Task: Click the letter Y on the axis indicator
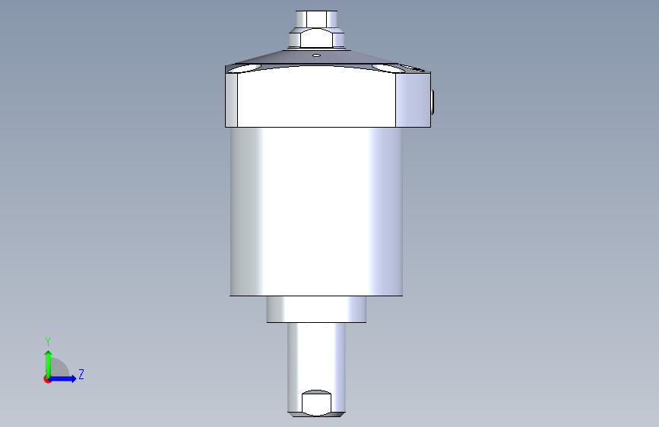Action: (48, 342)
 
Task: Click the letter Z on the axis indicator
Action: (81, 374)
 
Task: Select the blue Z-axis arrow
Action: (62, 378)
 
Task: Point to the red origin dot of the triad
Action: (47, 379)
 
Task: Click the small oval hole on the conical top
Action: (316, 55)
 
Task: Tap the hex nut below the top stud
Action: (316, 38)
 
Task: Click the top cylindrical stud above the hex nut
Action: (316, 19)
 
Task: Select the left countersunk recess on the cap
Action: (244, 68)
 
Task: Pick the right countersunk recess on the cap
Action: (385, 68)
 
